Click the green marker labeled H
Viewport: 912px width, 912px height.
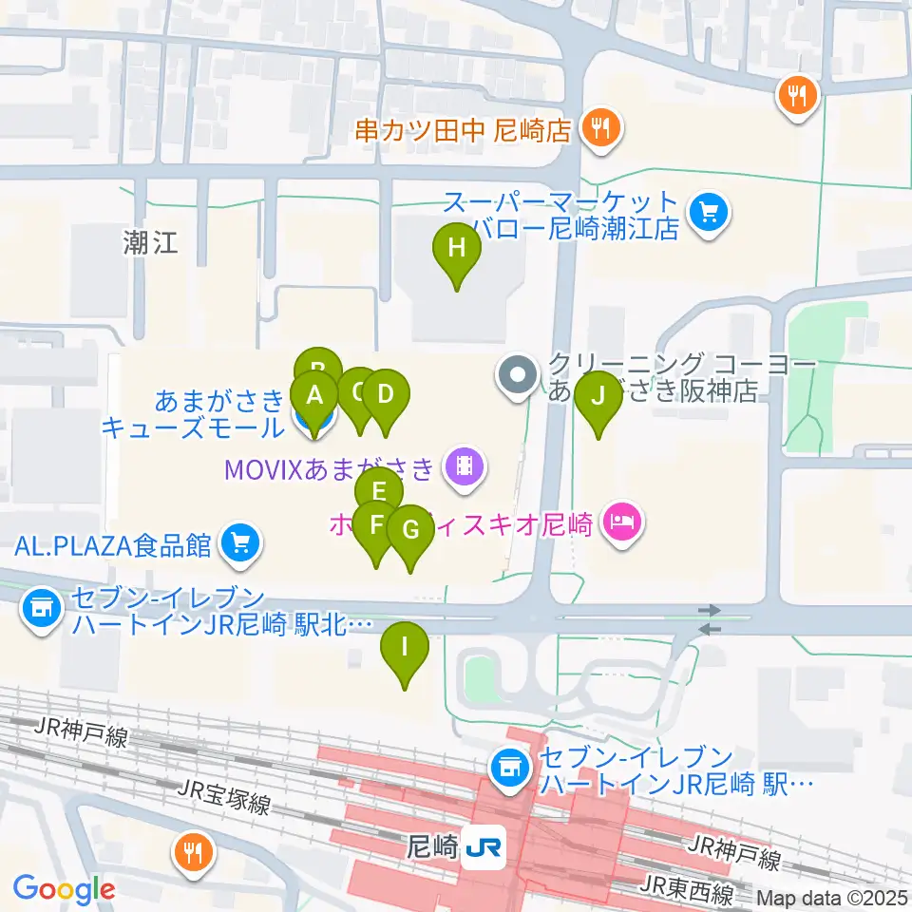tap(457, 250)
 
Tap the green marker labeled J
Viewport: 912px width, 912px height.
tap(598, 397)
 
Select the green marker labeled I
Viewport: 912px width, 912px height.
tap(405, 649)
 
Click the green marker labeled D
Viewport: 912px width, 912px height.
tap(385, 395)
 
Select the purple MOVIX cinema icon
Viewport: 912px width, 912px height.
tap(464, 465)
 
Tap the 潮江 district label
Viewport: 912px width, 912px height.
tap(150, 242)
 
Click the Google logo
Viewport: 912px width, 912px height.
tap(65, 890)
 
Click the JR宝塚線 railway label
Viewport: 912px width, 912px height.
tap(224, 797)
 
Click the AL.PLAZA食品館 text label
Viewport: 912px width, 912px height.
tap(112, 546)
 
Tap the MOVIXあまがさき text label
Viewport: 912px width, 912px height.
tap(330, 467)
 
